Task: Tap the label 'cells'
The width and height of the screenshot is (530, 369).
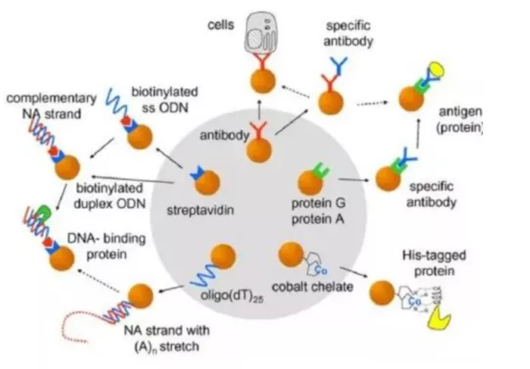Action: [223, 25]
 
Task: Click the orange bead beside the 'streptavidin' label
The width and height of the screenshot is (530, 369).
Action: [207, 182]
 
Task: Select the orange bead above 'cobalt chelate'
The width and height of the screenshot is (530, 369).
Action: [291, 255]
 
